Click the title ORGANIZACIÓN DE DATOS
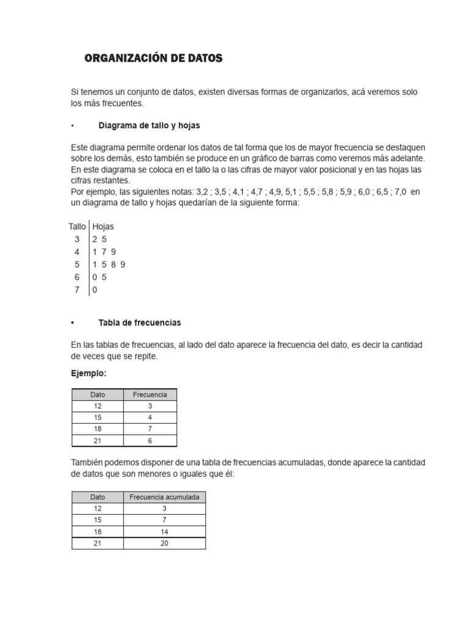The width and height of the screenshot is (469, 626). coord(153,59)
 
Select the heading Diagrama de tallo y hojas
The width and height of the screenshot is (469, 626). coord(149,125)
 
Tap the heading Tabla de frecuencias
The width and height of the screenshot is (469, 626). coord(139,322)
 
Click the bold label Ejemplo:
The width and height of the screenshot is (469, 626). coord(89,373)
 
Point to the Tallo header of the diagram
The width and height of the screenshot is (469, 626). coord(77,227)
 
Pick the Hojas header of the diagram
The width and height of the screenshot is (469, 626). coord(103,227)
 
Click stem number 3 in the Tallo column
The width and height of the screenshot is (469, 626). coord(78,239)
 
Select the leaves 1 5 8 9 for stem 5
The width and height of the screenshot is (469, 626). coord(109,265)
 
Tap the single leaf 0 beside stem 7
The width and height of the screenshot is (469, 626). coord(95,290)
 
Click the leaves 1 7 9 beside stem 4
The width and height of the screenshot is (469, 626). coord(104,252)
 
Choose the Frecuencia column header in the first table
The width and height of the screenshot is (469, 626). coord(150,395)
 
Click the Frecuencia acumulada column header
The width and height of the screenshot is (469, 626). coord(164,498)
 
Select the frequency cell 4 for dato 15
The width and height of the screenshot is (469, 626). coord(150,418)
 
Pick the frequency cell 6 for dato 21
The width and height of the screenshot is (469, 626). coord(150,441)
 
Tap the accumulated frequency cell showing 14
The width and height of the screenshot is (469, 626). coord(164,532)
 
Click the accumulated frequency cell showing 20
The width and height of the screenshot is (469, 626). coord(164,543)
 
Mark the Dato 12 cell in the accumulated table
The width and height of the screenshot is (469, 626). coord(98,509)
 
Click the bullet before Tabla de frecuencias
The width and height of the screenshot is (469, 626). coord(73,322)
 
